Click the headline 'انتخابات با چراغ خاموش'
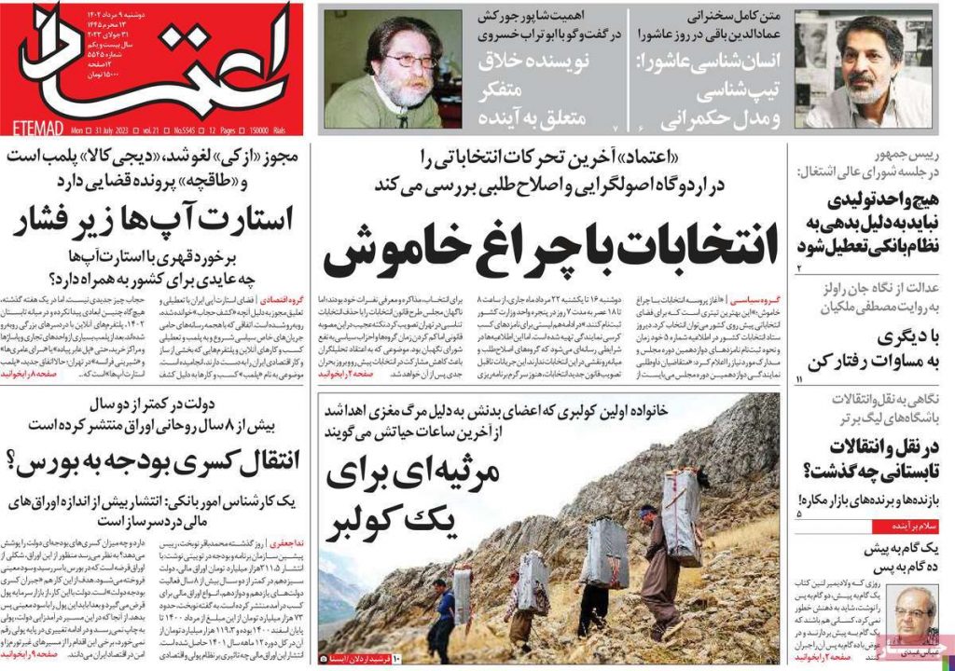click(538, 244)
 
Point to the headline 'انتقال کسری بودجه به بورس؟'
click(154, 460)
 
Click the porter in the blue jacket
click(444, 610)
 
